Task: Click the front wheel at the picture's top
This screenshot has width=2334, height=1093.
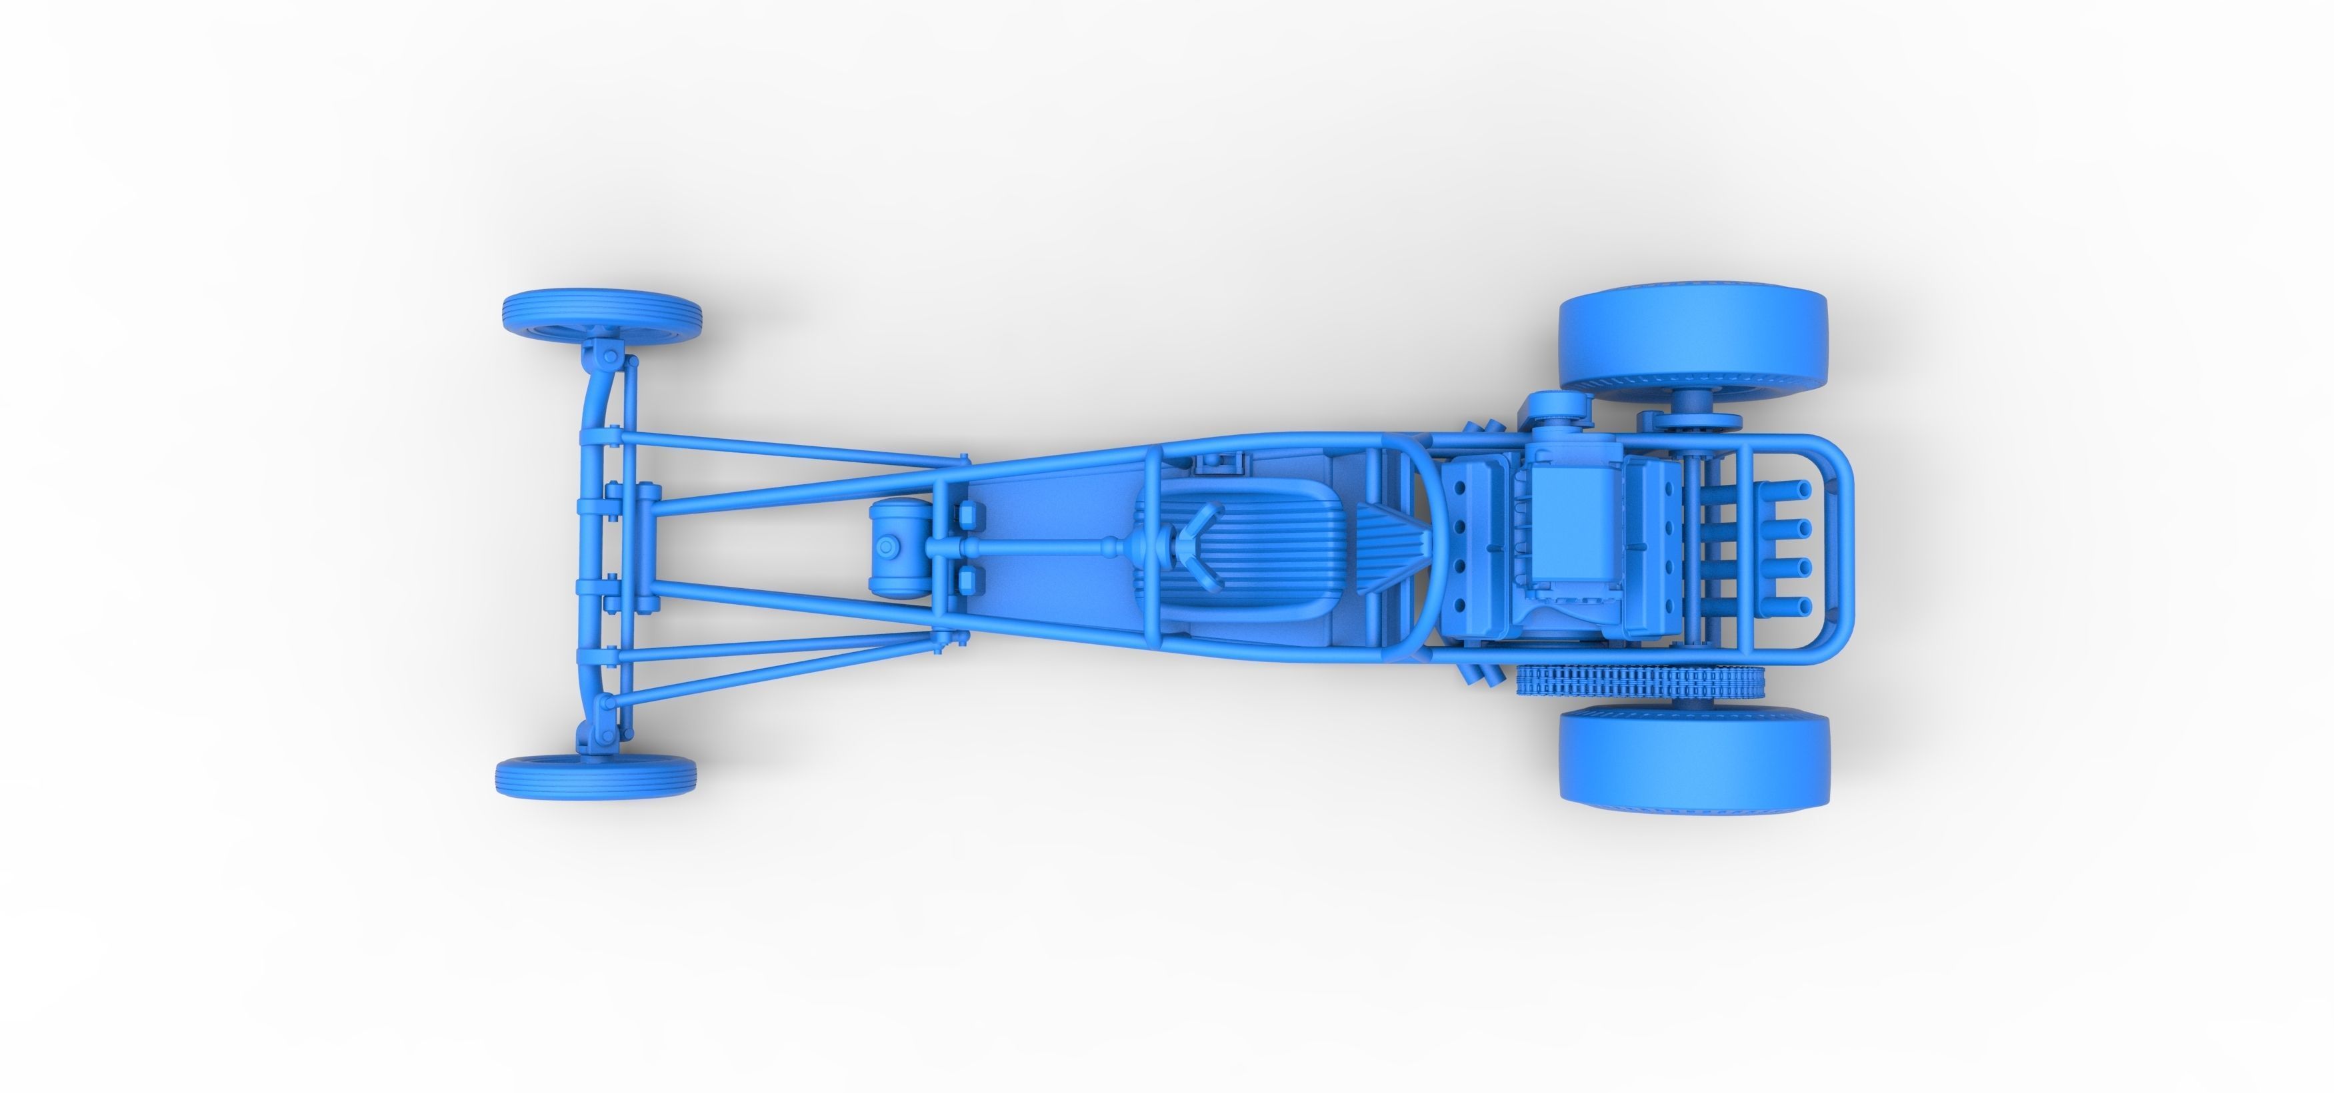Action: tap(601, 316)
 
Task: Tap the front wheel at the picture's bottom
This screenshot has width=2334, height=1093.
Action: tap(596, 775)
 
